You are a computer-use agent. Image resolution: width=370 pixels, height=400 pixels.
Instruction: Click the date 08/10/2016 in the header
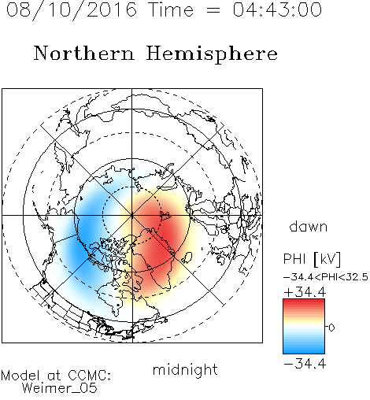coord(72,10)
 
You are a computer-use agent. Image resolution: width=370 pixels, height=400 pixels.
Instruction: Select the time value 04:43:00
coord(277,9)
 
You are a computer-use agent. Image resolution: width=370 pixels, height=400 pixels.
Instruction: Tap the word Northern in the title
coord(84,53)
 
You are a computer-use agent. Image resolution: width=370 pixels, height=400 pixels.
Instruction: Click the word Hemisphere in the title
coord(212,54)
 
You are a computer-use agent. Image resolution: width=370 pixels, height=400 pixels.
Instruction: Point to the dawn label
coord(309,226)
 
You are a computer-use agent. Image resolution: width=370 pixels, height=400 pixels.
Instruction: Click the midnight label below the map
coord(185,370)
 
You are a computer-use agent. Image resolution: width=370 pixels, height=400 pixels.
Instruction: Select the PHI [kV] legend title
coord(312,259)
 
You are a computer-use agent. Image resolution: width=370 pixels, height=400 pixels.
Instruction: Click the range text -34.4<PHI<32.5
coord(326,277)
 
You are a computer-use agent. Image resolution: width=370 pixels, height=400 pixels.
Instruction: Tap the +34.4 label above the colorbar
coord(305,292)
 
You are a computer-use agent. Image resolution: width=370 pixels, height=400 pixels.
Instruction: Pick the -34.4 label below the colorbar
coord(305,364)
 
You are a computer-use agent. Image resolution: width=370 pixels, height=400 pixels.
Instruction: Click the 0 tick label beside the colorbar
coord(331,328)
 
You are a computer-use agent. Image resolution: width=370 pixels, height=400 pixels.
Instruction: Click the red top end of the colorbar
coord(304,301)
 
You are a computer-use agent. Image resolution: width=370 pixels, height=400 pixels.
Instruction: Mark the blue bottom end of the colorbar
coord(304,351)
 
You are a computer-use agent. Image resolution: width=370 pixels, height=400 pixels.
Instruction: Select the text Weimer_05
coord(60,388)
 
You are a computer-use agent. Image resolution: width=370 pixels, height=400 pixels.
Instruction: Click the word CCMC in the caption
coord(89,376)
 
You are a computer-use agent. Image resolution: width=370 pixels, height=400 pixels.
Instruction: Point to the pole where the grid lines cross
coord(132,215)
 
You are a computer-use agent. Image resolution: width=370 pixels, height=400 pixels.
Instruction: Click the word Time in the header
coord(171,9)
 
